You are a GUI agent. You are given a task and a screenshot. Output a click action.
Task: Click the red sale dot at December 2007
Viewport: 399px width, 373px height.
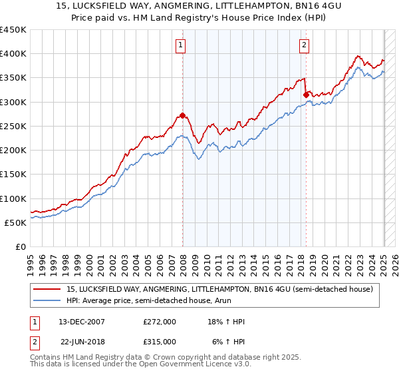[x=182, y=115]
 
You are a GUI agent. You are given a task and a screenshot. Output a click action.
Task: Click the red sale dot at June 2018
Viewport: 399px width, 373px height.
[x=306, y=95]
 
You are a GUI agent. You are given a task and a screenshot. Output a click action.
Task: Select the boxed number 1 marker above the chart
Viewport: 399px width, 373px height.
[x=181, y=45]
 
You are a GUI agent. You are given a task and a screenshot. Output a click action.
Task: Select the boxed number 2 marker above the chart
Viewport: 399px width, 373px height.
[x=304, y=45]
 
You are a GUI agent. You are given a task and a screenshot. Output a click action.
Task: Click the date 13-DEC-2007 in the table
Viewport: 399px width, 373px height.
[x=82, y=322]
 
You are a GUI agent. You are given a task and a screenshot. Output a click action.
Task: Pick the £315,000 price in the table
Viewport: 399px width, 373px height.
[x=160, y=342]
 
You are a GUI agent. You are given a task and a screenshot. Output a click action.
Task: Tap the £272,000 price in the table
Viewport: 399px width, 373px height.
[x=160, y=322]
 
